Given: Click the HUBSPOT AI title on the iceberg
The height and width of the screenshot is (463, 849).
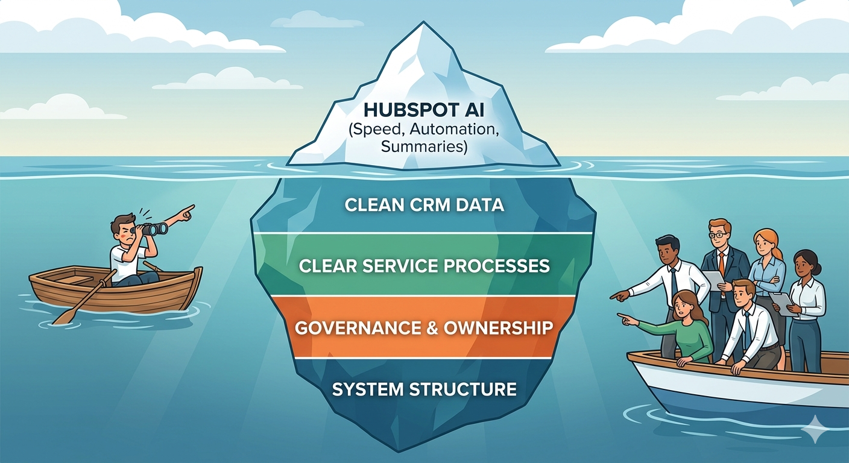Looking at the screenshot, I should click(x=424, y=112).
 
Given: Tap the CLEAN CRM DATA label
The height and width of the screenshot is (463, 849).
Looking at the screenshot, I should click(x=424, y=205).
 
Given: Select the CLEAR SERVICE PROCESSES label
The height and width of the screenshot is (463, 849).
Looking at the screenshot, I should click(x=424, y=266).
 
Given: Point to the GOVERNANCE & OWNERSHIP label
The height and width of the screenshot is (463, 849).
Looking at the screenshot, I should click(x=424, y=327).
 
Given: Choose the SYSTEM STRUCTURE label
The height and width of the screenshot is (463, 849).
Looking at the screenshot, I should click(x=424, y=389).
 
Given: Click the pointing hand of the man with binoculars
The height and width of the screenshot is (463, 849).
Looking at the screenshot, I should click(x=186, y=211).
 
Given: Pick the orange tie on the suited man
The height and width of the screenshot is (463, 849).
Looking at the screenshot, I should click(x=721, y=263).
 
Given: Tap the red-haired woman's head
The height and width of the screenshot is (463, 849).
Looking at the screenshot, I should click(x=763, y=242).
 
